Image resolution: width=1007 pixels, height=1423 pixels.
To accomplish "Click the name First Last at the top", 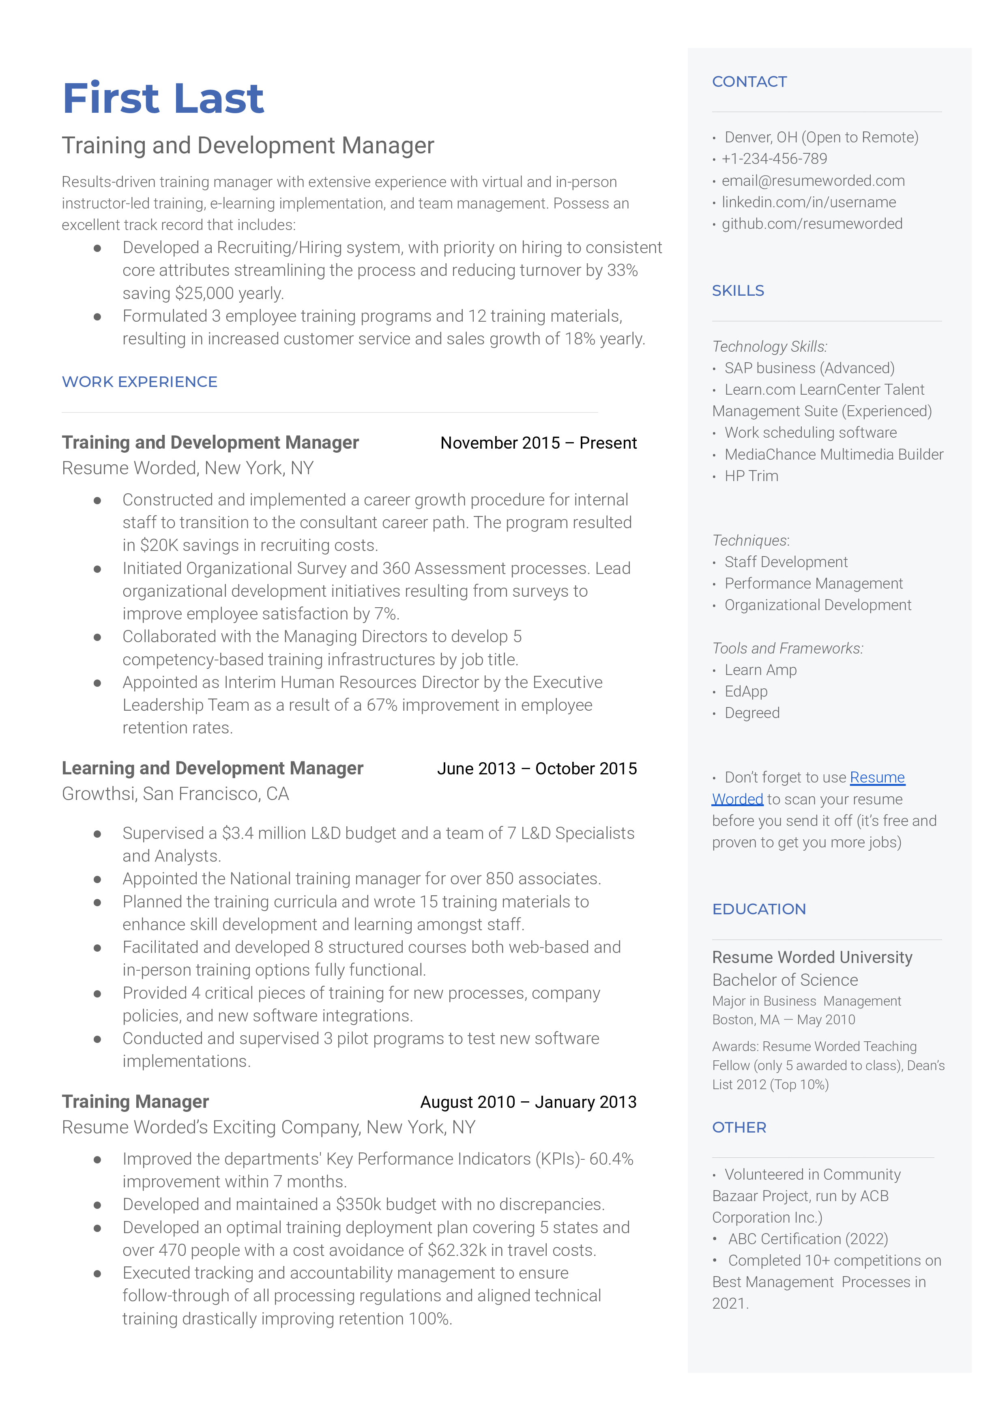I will point(163,99).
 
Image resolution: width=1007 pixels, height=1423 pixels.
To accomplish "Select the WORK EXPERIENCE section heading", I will point(140,382).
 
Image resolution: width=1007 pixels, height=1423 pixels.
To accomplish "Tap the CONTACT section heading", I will point(749,82).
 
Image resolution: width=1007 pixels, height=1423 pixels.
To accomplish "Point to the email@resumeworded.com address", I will point(812,181).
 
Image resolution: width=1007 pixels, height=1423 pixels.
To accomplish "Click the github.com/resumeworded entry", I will point(812,224).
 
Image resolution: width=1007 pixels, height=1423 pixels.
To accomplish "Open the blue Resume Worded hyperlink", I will point(877,778).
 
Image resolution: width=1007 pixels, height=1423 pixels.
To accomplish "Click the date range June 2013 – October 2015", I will point(537,769).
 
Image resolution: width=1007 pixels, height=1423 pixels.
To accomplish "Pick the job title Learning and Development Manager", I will point(212,768).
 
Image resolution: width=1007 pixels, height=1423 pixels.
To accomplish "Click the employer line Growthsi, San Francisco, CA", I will point(176,794).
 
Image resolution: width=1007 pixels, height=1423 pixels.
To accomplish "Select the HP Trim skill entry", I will point(751,476).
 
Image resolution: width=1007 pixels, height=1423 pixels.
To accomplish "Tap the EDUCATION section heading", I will point(759,909).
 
